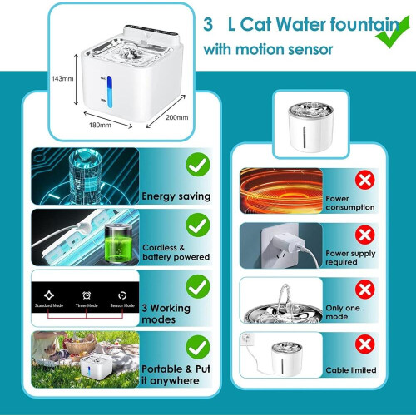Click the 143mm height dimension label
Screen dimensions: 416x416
pyautogui.click(x=62, y=79)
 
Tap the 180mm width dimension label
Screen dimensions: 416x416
pyautogui.click(x=100, y=125)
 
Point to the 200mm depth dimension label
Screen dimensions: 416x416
pyautogui.click(x=177, y=117)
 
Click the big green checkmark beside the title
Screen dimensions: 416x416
pyautogui.click(x=393, y=32)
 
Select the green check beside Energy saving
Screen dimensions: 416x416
pyautogui.click(x=198, y=164)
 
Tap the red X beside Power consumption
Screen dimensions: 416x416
pyautogui.click(x=365, y=180)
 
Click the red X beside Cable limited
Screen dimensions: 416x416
pyautogui.click(x=365, y=344)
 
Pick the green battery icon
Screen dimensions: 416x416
pyautogui.click(x=118, y=243)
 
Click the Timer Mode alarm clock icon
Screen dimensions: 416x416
pyautogui.click(x=87, y=295)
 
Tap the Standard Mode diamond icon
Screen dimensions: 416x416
pyautogui.click(x=49, y=295)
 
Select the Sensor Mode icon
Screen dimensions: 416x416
pyautogui.click(x=122, y=295)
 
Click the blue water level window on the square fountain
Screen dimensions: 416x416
pyautogui.click(x=110, y=92)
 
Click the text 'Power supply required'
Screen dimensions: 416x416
pyautogui.click(x=350, y=258)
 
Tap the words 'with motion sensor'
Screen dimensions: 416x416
pyautogui.click(x=268, y=50)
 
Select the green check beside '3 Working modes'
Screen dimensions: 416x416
pyautogui.click(x=198, y=286)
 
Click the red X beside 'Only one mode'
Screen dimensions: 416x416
pyautogui.click(x=365, y=290)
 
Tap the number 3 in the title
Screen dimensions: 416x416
pyautogui.click(x=208, y=24)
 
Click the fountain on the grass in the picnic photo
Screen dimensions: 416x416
pyautogui.click(x=97, y=367)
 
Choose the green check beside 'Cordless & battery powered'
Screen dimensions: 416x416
pyautogui.click(x=198, y=225)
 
